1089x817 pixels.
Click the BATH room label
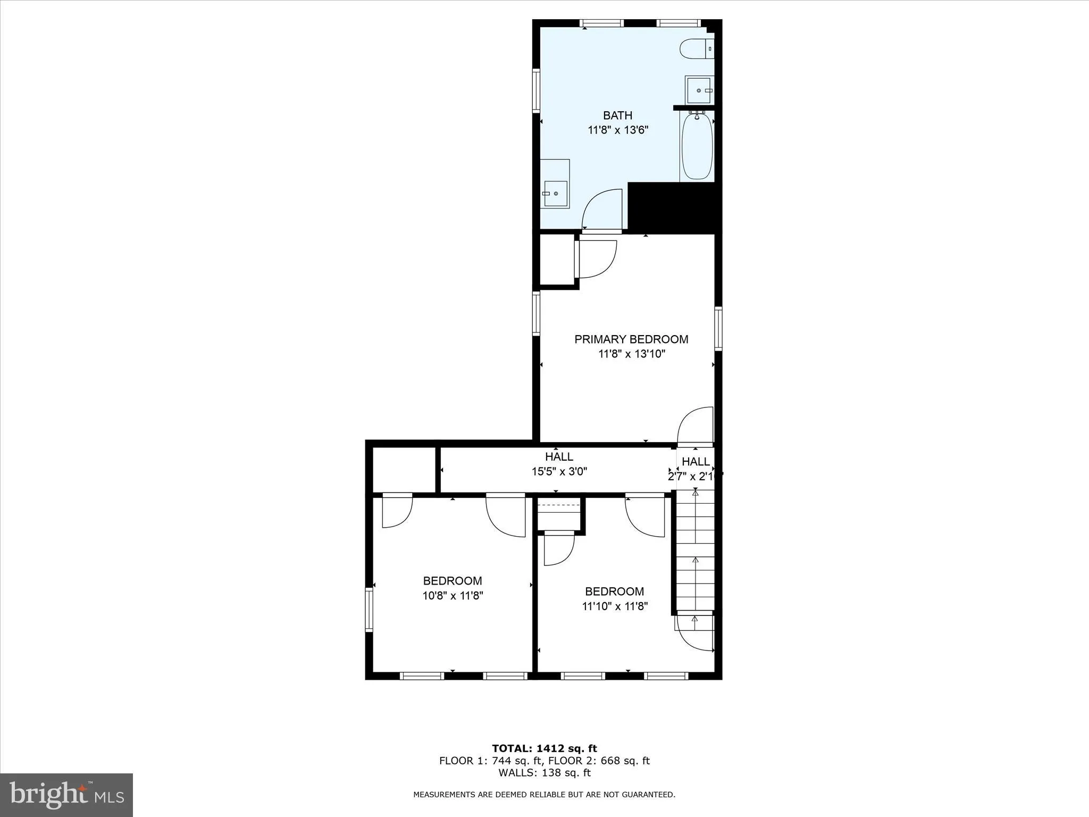point(617,115)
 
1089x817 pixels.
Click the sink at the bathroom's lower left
point(555,194)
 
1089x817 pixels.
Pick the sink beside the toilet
point(699,90)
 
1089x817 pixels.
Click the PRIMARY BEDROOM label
point(631,339)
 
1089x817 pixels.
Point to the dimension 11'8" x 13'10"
point(631,354)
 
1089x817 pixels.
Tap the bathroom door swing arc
point(602,210)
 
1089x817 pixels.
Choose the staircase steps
point(695,553)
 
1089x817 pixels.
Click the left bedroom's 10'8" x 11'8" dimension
point(453,596)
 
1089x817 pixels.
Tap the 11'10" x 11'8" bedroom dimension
point(615,606)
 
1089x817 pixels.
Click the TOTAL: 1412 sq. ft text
point(544,749)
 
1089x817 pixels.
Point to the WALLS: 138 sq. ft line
point(544,773)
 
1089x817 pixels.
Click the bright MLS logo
point(66,795)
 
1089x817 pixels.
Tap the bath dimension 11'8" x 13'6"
point(617,130)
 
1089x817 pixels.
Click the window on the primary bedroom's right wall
point(718,328)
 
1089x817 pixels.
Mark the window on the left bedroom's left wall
point(369,609)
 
